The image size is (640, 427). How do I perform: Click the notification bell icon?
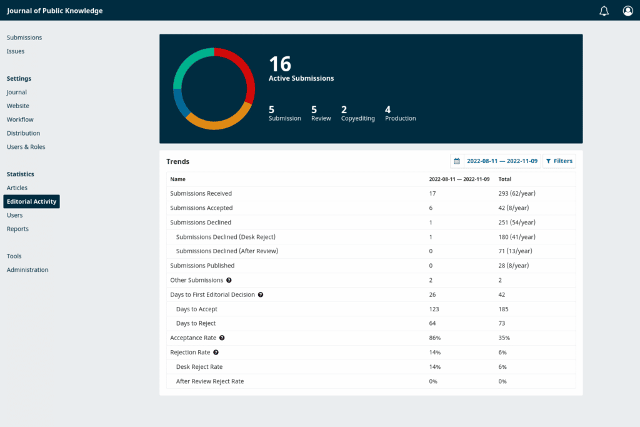(604, 11)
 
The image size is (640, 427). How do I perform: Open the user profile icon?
(627, 11)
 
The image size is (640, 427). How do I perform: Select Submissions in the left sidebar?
(24, 38)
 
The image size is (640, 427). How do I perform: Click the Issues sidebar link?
(16, 51)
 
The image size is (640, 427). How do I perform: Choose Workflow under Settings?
(20, 119)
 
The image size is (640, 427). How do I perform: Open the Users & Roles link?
(26, 147)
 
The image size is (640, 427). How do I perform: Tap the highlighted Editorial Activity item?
(32, 201)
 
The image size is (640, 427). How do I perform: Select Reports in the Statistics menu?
(17, 229)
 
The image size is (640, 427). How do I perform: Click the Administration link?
(27, 270)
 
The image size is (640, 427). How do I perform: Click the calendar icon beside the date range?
(457, 161)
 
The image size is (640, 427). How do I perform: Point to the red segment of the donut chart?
(243, 71)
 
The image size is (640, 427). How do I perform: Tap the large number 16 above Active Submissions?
(280, 64)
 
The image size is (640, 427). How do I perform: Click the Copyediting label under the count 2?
(358, 118)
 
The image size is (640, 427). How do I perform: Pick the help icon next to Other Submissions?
(229, 280)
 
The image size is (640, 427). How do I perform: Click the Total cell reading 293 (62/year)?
(517, 194)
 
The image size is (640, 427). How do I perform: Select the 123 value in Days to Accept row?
(434, 309)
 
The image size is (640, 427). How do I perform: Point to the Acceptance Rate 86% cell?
(434, 338)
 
